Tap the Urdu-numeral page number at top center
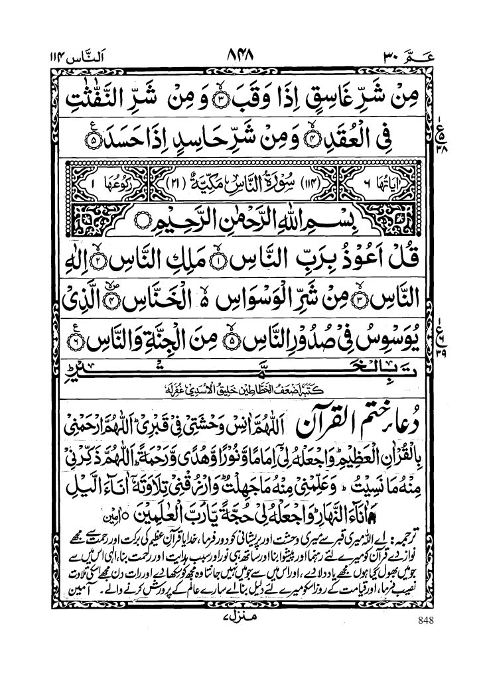[245, 55]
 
